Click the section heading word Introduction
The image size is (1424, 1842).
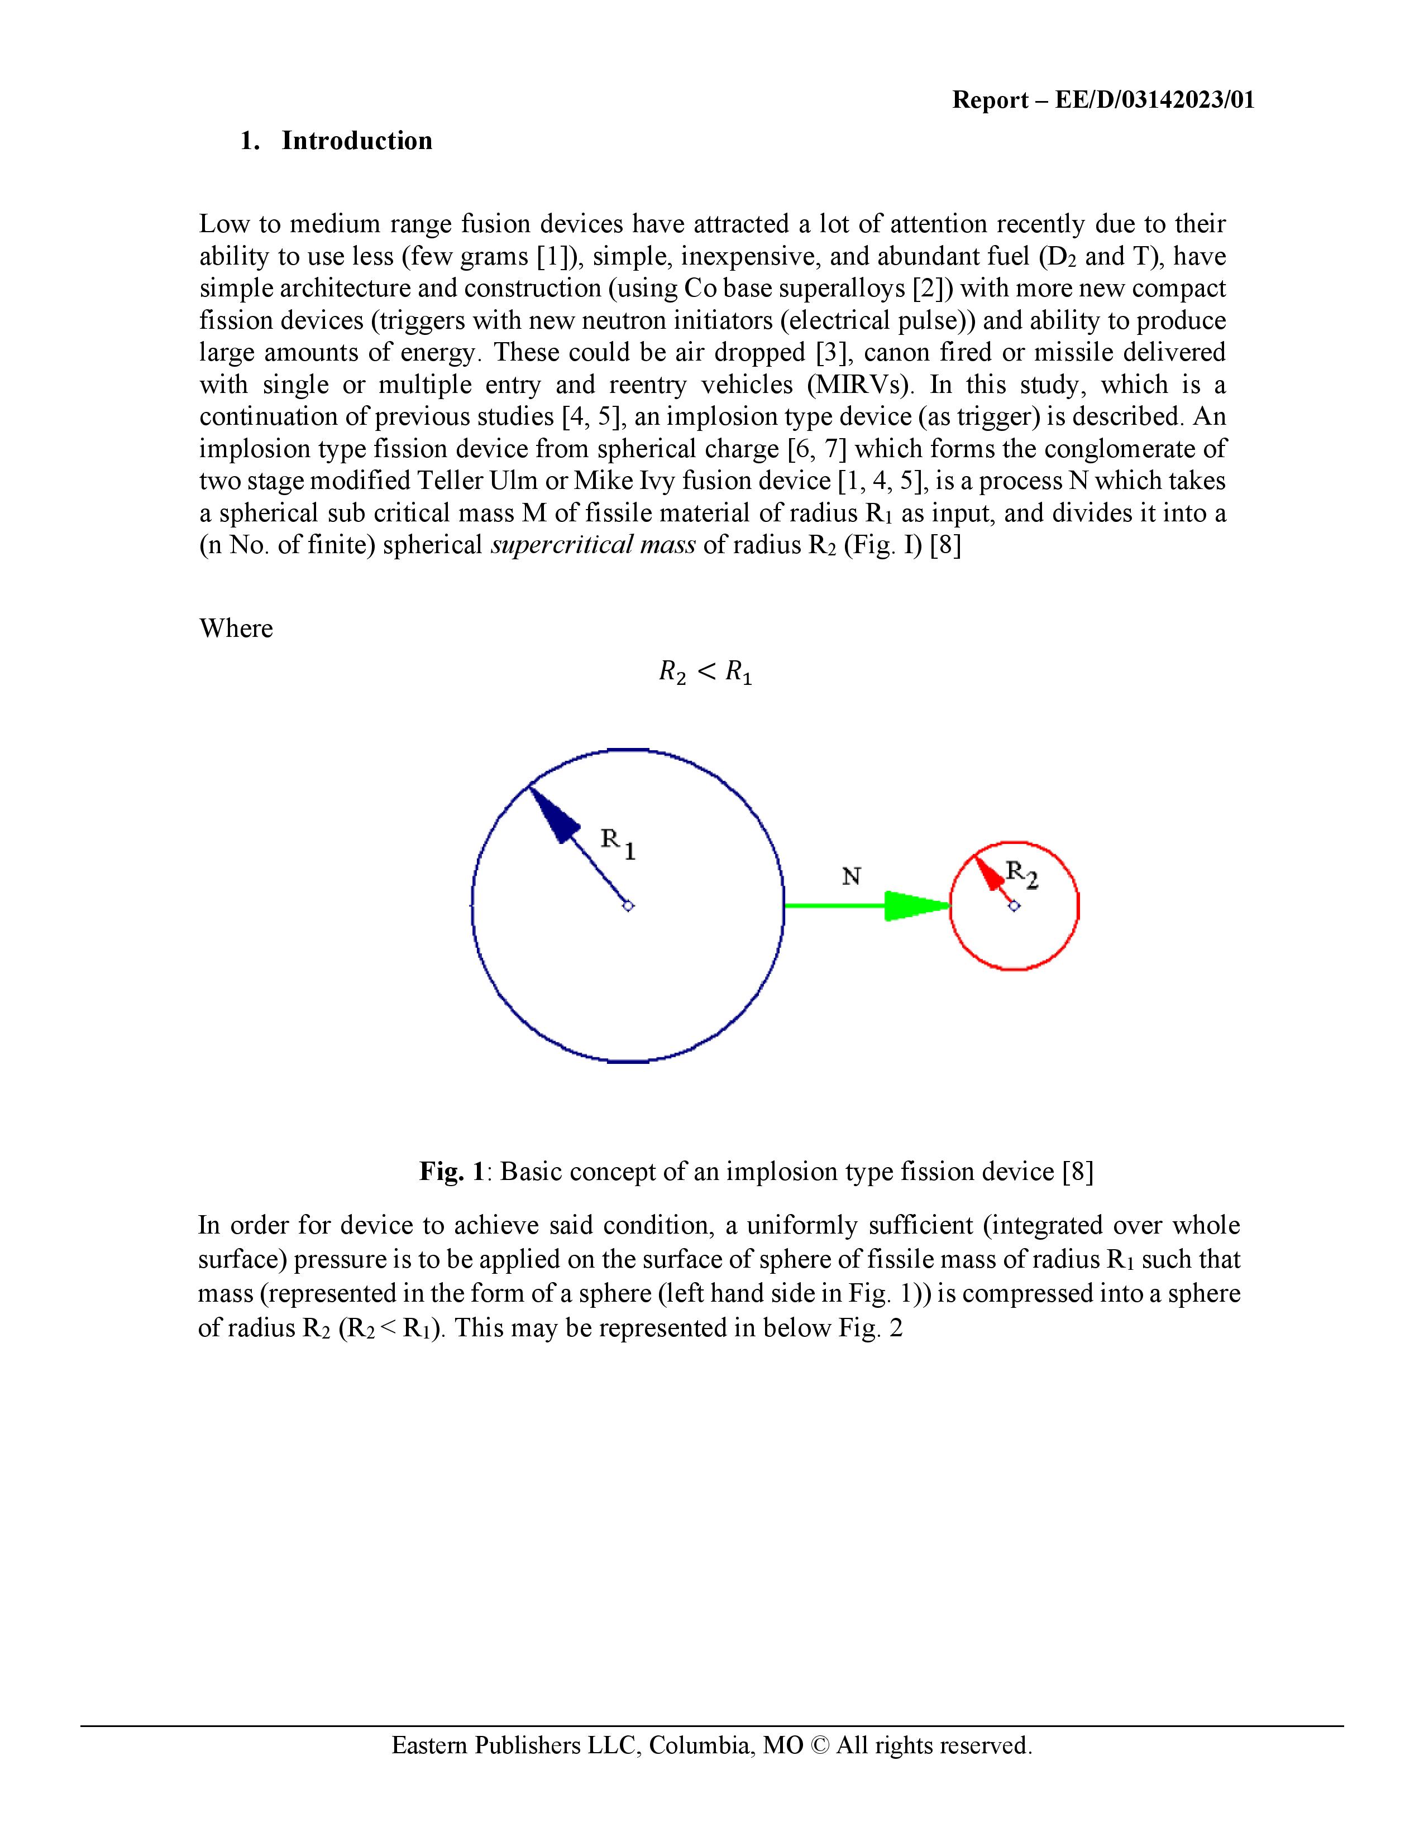[x=357, y=141]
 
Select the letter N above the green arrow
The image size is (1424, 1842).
[x=851, y=877]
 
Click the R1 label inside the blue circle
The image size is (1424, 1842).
[x=618, y=843]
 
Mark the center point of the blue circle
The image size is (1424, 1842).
[x=628, y=906]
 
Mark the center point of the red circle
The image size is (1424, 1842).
[x=1015, y=906]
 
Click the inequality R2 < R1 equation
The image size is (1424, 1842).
[x=705, y=673]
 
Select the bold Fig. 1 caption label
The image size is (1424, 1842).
[x=452, y=1172]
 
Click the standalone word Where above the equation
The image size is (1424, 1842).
[x=236, y=629]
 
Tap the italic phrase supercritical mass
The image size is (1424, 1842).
[x=593, y=546]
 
